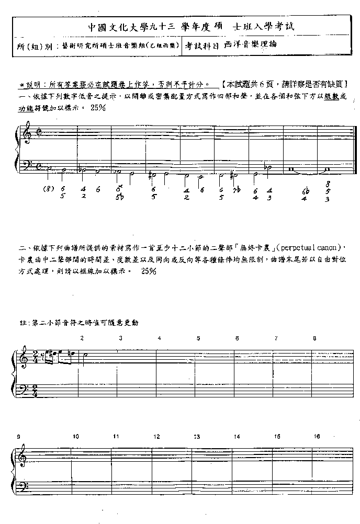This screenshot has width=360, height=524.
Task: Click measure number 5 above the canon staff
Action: click(x=198, y=338)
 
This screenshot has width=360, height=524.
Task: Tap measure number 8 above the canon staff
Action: click(x=314, y=338)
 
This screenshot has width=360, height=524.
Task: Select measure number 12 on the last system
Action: click(x=156, y=436)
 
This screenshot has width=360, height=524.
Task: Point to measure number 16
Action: click(x=317, y=436)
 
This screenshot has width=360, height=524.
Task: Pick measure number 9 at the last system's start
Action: click(x=18, y=436)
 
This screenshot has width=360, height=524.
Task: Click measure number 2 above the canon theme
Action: click(x=82, y=338)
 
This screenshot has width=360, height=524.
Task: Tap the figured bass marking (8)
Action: click(x=49, y=189)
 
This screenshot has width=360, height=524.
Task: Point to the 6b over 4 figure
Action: click(x=305, y=195)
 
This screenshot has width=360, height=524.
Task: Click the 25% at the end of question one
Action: click(x=98, y=108)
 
